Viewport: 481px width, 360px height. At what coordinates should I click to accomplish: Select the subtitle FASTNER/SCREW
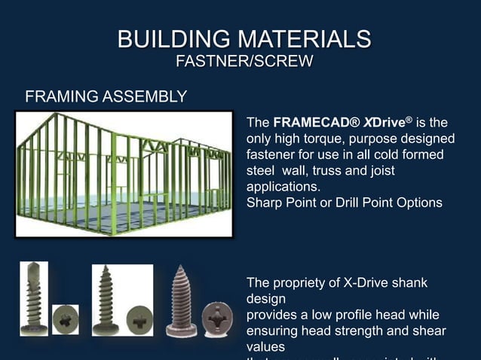pos(244,61)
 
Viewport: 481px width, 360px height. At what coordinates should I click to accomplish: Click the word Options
pos(418,203)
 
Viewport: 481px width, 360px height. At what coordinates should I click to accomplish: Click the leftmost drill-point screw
pos(34,297)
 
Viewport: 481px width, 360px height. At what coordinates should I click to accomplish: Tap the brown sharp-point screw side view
pos(181,297)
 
